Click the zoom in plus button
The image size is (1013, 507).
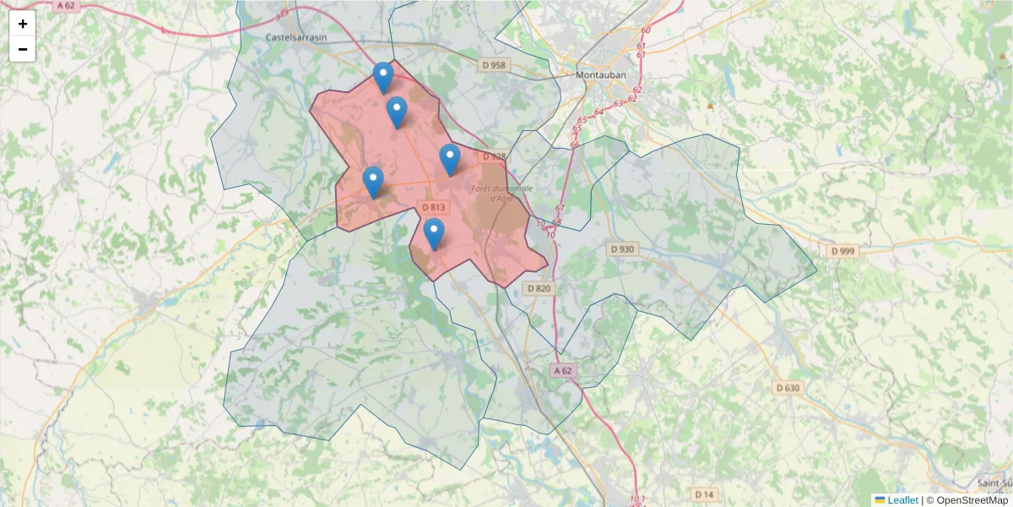[x=23, y=24]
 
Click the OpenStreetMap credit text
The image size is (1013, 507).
[x=972, y=500]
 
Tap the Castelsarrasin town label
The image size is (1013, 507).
[x=296, y=37]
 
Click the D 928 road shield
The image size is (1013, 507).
[x=494, y=156]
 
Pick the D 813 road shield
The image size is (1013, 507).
[x=433, y=207]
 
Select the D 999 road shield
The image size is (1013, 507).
[x=842, y=251]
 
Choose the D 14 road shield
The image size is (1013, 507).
[x=704, y=493]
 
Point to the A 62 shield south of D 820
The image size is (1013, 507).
[x=564, y=371]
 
